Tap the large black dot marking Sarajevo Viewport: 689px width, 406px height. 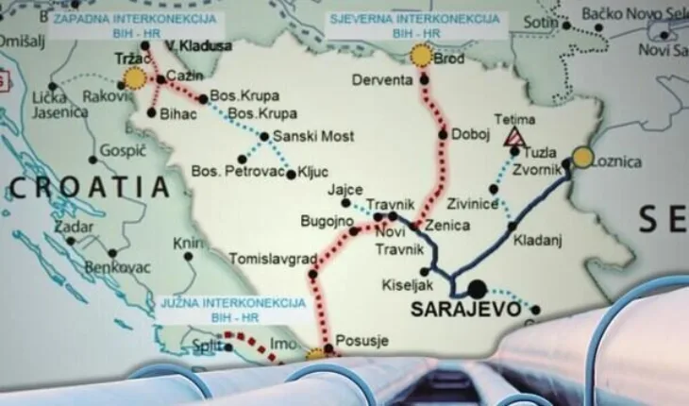[477, 288]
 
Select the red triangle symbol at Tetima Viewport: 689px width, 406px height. [514, 138]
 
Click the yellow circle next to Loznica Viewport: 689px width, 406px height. [582, 158]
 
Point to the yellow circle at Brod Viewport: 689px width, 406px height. [422, 56]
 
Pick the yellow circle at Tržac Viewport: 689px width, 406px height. [137, 78]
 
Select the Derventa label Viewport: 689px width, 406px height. [382, 80]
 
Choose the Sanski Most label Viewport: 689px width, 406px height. [313, 137]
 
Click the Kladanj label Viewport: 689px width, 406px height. [537, 240]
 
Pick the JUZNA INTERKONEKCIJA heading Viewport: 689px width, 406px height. [234, 303]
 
